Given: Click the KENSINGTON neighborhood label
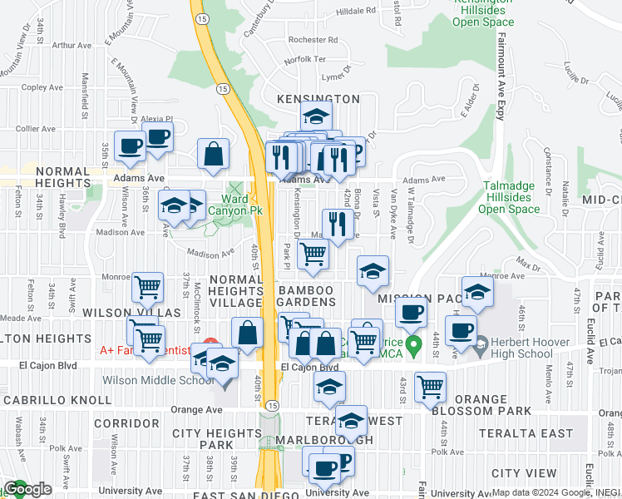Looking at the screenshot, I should [318, 99].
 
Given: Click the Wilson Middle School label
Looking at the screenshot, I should [157, 381].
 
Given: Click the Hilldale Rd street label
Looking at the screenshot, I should [357, 12].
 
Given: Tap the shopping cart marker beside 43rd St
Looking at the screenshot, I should [430, 385].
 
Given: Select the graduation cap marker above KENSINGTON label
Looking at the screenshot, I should [316, 116].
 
